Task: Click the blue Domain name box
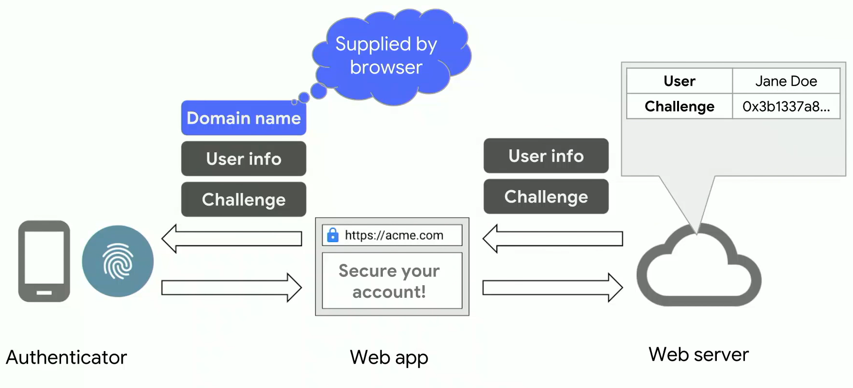pyautogui.click(x=244, y=118)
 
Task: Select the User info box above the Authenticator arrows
pyautogui.click(x=244, y=159)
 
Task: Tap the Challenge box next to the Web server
pyautogui.click(x=546, y=196)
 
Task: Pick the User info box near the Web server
pyautogui.click(x=546, y=156)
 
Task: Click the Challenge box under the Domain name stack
pyautogui.click(x=244, y=199)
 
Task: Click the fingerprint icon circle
pyautogui.click(x=118, y=261)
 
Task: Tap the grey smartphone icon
pyautogui.click(x=44, y=261)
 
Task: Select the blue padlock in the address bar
pyautogui.click(x=333, y=235)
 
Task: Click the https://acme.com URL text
pyautogui.click(x=394, y=235)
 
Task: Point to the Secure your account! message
pyautogui.click(x=389, y=281)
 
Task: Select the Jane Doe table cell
pyautogui.click(x=786, y=81)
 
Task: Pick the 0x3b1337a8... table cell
pyautogui.click(x=786, y=106)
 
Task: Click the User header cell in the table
pyautogui.click(x=679, y=81)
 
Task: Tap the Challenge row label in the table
pyautogui.click(x=679, y=106)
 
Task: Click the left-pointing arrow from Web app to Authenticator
pyautogui.click(x=231, y=239)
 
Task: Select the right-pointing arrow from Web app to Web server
pyautogui.click(x=553, y=288)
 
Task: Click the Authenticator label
pyautogui.click(x=66, y=357)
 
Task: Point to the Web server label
pyautogui.click(x=698, y=355)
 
